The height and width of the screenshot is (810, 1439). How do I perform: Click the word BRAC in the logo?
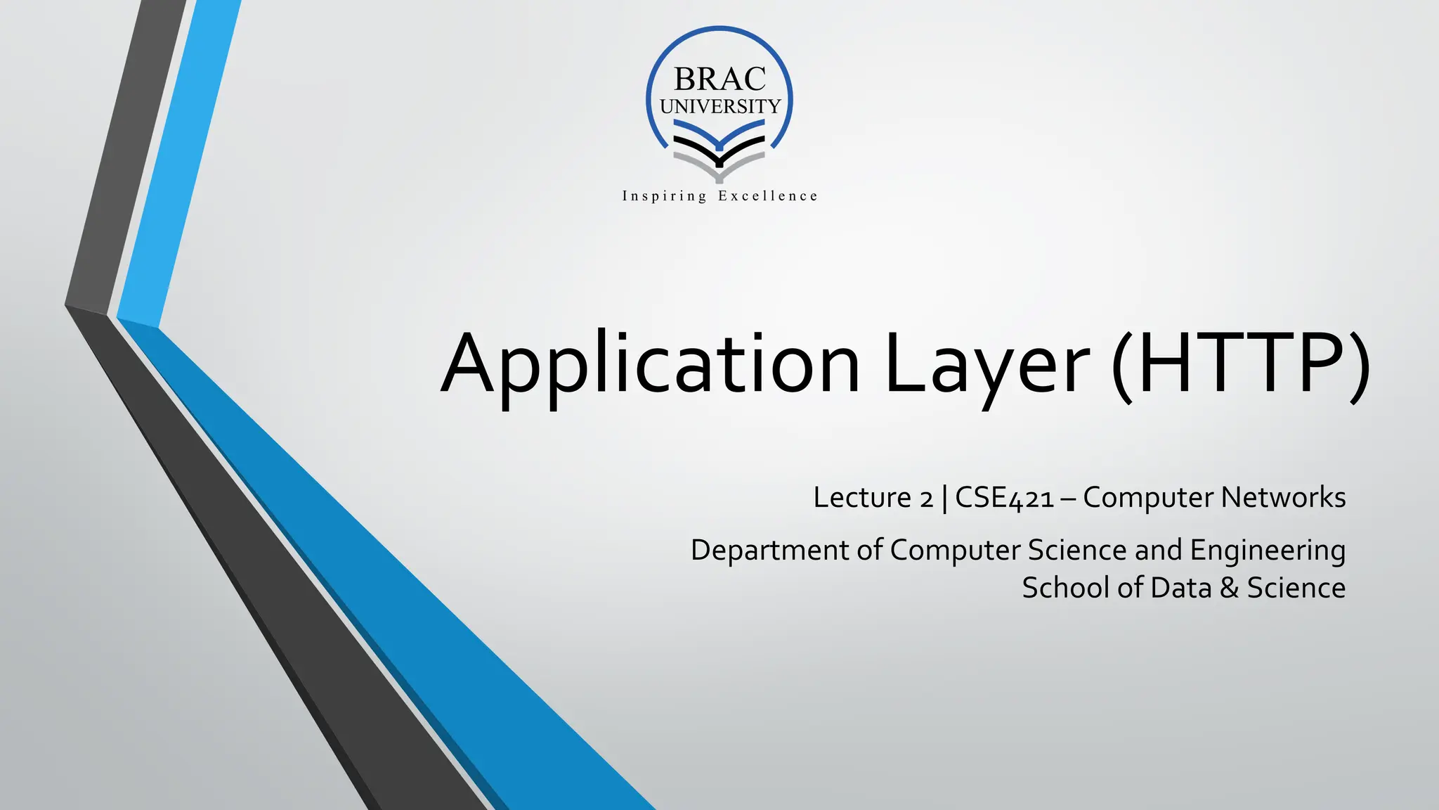point(719,79)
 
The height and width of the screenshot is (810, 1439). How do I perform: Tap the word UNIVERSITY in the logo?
point(720,106)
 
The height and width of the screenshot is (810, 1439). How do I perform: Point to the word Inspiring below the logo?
point(664,196)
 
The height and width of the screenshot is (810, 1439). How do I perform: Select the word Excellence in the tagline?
point(768,196)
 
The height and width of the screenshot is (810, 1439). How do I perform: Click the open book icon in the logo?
point(719,149)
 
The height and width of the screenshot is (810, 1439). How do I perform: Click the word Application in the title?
point(651,364)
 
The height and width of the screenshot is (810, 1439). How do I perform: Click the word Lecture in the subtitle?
point(862,498)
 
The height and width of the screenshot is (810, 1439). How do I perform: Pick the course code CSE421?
point(1005,498)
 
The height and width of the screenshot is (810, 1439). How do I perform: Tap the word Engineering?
point(1268,550)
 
